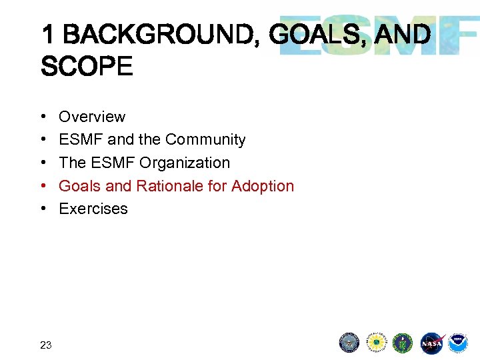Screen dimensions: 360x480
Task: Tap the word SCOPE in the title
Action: pyautogui.click(x=87, y=66)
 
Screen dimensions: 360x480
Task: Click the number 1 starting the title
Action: pyautogui.click(x=48, y=34)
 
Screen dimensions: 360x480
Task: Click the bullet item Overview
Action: pyautogui.click(x=92, y=117)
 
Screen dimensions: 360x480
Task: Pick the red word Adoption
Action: pyautogui.click(x=263, y=186)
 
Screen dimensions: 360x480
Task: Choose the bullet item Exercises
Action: pyautogui.click(x=93, y=209)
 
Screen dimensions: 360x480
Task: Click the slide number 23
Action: pyautogui.click(x=46, y=345)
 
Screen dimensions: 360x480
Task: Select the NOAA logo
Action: pyautogui.click(x=458, y=343)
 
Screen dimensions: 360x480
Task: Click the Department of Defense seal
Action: pyautogui.click(x=349, y=343)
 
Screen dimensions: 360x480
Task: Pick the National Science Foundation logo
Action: pyautogui.click(x=377, y=343)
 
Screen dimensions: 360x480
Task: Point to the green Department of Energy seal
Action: pyautogui.click(x=403, y=343)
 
